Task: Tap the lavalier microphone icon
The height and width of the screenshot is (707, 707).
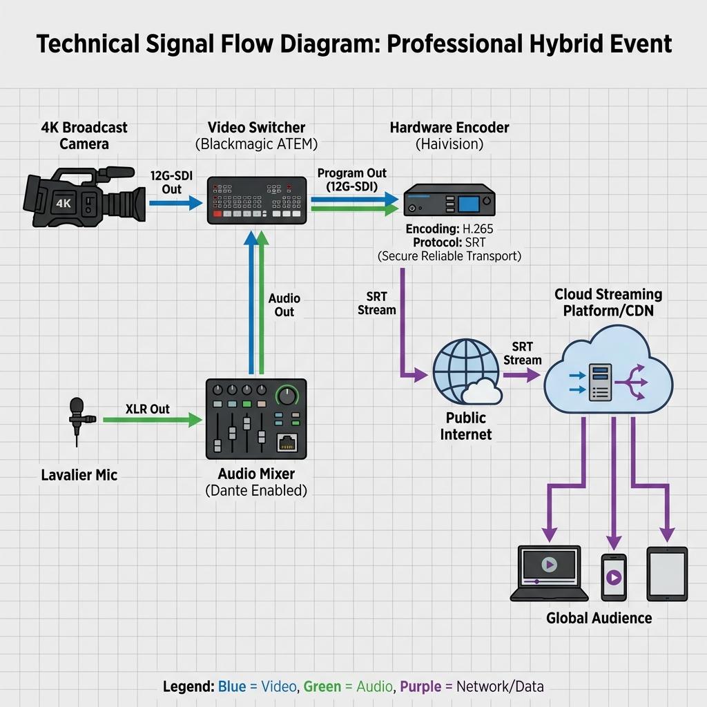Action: click(78, 421)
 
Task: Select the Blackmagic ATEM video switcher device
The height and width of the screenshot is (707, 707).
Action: click(257, 200)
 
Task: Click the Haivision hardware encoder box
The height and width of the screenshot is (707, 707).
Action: click(449, 200)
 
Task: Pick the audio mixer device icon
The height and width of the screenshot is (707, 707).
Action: click(256, 419)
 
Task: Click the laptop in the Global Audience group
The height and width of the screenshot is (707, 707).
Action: click(549, 573)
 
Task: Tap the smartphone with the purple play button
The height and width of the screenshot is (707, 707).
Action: click(614, 577)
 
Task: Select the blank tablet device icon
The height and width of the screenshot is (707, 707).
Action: click(667, 574)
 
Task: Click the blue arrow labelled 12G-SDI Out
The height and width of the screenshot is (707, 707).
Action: click(176, 203)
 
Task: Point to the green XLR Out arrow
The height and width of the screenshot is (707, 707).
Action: click(153, 420)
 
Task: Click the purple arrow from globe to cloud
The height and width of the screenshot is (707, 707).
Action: click(522, 375)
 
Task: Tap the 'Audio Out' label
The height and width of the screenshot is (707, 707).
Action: click(284, 304)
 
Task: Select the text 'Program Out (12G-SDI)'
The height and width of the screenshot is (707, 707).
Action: click(351, 180)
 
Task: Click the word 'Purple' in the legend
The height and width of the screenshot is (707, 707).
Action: click(420, 686)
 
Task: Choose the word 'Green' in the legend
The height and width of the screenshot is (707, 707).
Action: click(322, 686)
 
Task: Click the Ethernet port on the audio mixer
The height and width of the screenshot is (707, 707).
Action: click(287, 442)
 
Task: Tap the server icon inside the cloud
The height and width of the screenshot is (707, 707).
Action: click(600, 382)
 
